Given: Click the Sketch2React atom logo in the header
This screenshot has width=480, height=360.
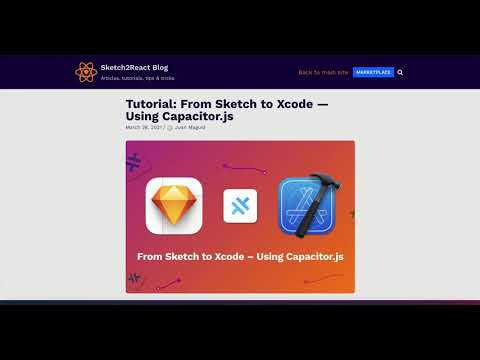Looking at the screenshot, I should coord(85,72).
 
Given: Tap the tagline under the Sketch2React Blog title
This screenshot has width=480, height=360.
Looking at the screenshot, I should coord(138,78).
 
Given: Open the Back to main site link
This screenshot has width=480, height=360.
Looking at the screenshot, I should coord(323,72).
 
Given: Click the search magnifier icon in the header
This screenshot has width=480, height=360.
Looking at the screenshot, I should coord(400,72).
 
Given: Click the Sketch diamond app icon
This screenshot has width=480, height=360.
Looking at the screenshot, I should coord(175,206).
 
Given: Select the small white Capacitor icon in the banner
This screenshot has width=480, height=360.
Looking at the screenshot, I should coord(240,207).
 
